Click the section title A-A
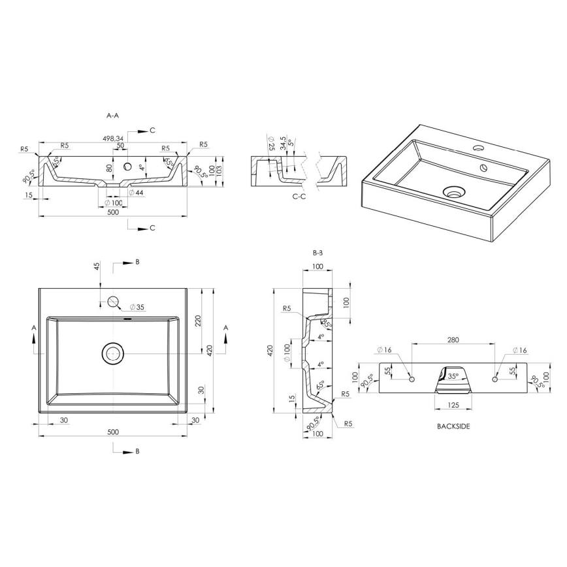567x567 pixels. click(x=112, y=115)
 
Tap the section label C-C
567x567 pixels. click(x=300, y=195)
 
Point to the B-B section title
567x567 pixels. click(x=318, y=252)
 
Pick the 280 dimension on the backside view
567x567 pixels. click(x=453, y=340)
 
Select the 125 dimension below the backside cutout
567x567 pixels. click(x=453, y=406)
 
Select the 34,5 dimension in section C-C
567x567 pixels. click(x=282, y=144)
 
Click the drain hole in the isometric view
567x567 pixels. click(x=453, y=192)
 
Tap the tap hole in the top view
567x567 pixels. click(x=113, y=301)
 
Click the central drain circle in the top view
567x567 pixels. click(x=113, y=353)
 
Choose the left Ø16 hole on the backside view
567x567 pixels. click(x=412, y=379)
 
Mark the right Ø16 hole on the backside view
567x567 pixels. click(x=494, y=379)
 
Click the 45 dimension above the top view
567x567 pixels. click(x=97, y=267)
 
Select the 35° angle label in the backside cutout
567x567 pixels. click(x=453, y=377)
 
